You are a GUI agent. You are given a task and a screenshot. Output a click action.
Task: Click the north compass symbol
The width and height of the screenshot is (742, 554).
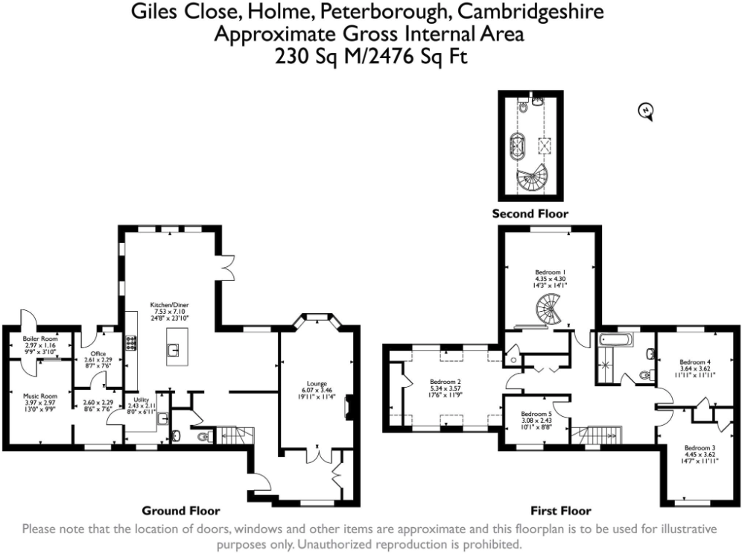point(646,112)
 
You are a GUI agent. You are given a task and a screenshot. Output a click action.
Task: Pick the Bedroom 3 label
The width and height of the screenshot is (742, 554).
point(700,448)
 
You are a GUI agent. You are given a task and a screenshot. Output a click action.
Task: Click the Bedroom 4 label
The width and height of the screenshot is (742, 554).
point(695,362)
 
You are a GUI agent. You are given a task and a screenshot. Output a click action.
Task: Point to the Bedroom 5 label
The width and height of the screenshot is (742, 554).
point(536,414)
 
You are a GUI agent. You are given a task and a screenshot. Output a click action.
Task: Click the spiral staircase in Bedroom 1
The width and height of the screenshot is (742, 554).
point(548,309)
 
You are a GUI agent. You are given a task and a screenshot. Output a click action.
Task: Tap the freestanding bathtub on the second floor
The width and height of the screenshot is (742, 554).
point(516,144)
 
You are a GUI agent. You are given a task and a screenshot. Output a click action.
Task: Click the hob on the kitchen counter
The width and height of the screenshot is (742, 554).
point(132,343)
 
